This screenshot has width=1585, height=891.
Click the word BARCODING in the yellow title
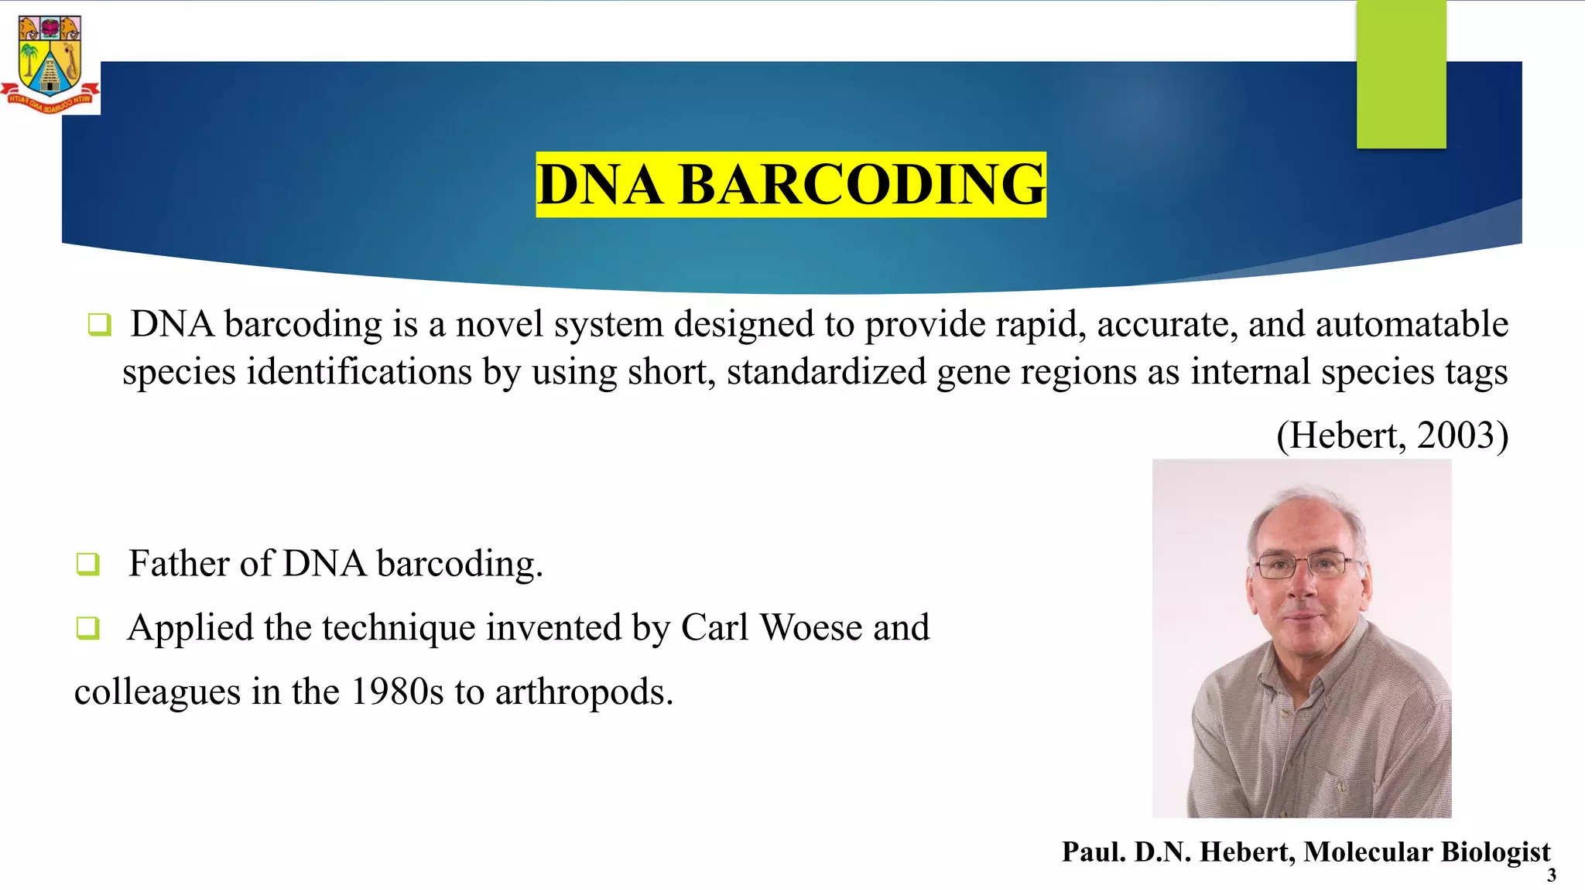(861, 185)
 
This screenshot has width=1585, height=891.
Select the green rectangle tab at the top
(1401, 73)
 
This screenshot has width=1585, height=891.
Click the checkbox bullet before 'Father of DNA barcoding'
(87, 564)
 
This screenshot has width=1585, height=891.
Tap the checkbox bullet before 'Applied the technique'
(87, 627)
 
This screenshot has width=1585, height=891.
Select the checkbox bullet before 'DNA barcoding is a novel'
(100, 324)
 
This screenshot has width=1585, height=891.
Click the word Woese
(811, 627)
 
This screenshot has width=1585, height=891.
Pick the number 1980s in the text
(397, 691)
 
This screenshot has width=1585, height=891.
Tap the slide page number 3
(1551, 876)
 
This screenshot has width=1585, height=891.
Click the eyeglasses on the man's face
(1306, 565)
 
